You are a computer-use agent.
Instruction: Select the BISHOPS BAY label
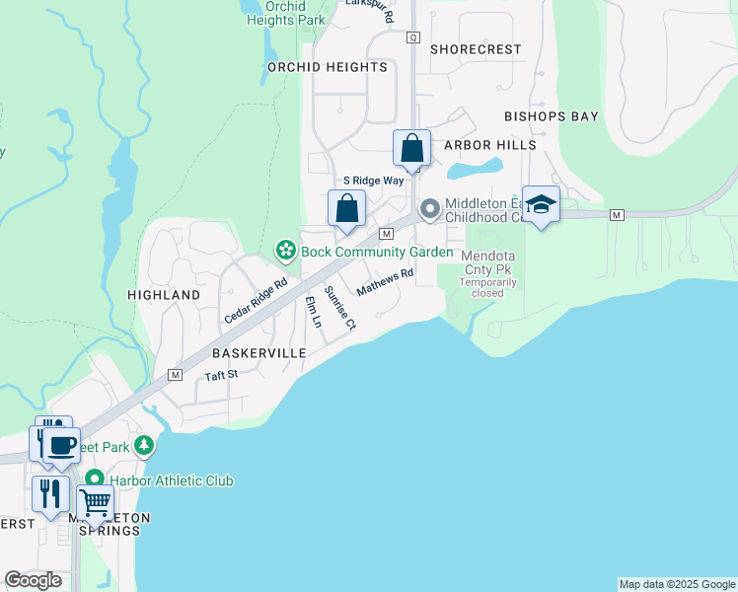tap(552, 116)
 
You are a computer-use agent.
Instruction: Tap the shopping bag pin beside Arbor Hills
tap(411, 150)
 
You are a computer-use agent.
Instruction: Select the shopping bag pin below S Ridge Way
tap(346, 209)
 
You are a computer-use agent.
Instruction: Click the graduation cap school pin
tap(540, 204)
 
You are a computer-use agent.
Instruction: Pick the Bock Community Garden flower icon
tap(285, 252)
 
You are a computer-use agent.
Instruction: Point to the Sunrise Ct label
tap(340, 306)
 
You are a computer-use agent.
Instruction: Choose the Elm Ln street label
tap(314, 312)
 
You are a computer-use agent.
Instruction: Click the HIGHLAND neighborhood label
tap(164, 295)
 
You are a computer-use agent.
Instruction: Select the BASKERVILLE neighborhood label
tap(258, 352)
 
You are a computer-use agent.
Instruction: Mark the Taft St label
tap(221, 375)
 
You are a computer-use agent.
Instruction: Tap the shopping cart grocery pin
tap(95, 503)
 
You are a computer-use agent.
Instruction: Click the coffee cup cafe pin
tap(61, 446)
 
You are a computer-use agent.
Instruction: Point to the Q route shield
tap(413, 37)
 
